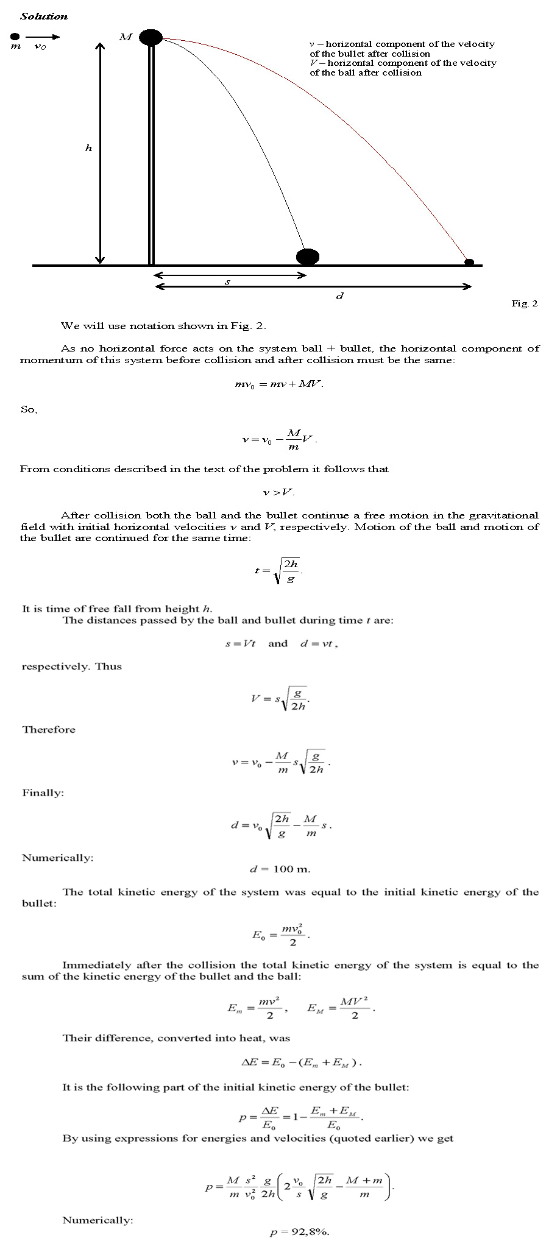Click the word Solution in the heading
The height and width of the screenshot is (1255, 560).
point(44,16)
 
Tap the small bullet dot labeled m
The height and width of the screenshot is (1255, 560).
point(16,36)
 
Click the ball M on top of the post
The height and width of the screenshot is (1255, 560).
point(151,37)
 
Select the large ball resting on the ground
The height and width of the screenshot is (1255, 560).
point(308,256)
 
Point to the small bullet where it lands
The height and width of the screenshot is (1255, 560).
point(469,262)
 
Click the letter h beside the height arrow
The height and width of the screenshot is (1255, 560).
point(89,148)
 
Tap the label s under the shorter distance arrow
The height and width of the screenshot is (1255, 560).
point(227,282)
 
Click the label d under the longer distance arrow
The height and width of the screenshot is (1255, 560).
point(340,297)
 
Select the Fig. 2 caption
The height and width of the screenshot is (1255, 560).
point(524,303)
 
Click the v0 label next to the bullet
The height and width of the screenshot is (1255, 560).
point(40,47)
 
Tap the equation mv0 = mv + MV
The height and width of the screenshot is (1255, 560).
point(279,384)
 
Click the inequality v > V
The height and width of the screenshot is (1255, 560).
point(279,492)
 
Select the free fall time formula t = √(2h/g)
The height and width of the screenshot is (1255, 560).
point(278,571)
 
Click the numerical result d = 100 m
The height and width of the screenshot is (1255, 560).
point(280,869)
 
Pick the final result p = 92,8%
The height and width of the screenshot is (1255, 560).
point(299,1232)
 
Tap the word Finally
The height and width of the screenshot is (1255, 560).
point(43,793)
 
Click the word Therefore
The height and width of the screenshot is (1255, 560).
point(49,729)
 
